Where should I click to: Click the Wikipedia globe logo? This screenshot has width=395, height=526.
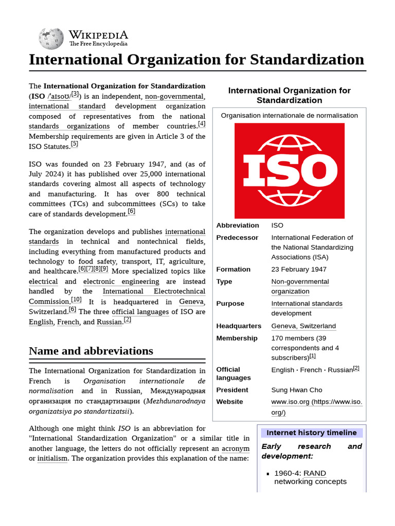tap(51, 38)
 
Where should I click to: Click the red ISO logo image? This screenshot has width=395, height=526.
tap(290, 171)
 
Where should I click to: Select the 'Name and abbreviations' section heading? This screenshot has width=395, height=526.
tap(91, 351)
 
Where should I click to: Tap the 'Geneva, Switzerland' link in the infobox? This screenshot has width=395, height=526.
tap(303, 326)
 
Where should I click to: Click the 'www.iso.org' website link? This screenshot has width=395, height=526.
tap(290, 402)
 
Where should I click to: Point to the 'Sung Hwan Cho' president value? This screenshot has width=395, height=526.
tap(297, 390)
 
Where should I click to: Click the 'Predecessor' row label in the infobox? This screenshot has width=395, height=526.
tap(237, 237)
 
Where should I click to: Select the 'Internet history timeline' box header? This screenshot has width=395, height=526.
tap(311, 433)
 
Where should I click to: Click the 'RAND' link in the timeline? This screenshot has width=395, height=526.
tap(315, 473)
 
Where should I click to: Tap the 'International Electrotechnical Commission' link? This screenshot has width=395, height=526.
tap(154, 291)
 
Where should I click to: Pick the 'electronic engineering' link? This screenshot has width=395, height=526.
tap(121, 281)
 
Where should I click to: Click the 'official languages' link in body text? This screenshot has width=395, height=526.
tap(140, 311)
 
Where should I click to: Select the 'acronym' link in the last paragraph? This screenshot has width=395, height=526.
tap(236, 448)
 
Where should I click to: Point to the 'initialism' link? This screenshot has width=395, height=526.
tap(52, 458)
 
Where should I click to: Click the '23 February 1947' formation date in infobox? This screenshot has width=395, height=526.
tap(299, 269)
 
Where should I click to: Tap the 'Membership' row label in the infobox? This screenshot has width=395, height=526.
tap(237, 338)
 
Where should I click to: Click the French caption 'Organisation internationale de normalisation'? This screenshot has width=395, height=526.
tap(289, 115)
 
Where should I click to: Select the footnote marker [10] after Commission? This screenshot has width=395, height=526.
tap(76, 300)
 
